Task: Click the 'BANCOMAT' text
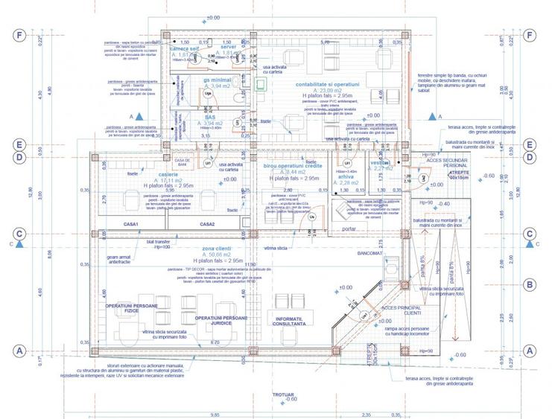tap(369, 253)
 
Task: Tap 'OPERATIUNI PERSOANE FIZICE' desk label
tap(133, 308)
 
